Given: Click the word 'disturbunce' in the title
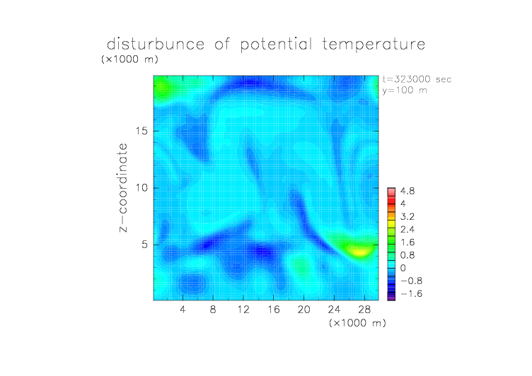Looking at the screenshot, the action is point(156,44).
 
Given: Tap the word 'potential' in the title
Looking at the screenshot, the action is point(276,45).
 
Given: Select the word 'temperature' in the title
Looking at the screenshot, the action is point(374,45).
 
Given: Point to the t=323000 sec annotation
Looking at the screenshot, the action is point(417,79).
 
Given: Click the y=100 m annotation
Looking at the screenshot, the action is point(405,90).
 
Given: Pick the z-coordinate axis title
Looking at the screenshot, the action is point(123,187).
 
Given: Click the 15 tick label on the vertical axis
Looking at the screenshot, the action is point(141,131).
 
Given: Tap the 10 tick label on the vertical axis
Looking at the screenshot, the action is point(141,188).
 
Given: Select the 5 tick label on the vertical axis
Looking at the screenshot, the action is point(145,245).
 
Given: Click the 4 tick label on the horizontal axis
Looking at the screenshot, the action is point(183,309).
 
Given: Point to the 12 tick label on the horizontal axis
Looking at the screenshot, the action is point(243,309).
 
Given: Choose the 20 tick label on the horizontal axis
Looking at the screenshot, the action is point(303,309).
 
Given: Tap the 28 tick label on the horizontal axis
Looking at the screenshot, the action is point(364,309).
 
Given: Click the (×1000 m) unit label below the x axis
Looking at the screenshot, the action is point(357,323).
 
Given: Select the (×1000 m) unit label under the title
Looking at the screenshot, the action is point(129,59).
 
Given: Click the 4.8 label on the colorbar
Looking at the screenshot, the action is point(407,192).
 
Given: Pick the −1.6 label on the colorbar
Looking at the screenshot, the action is point(411,293).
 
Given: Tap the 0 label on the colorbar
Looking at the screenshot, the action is point(403,268).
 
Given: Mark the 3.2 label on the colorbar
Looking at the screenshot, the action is point(407,217).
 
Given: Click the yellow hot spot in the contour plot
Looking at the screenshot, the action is point(360,252).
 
